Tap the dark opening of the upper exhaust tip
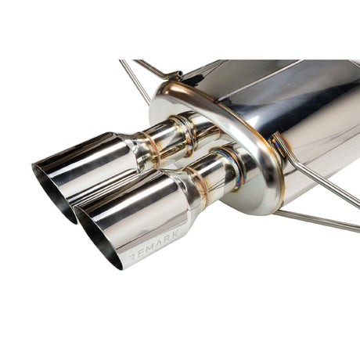point(49,188)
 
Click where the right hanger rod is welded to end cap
point(279,141)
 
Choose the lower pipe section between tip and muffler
point(207,172)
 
